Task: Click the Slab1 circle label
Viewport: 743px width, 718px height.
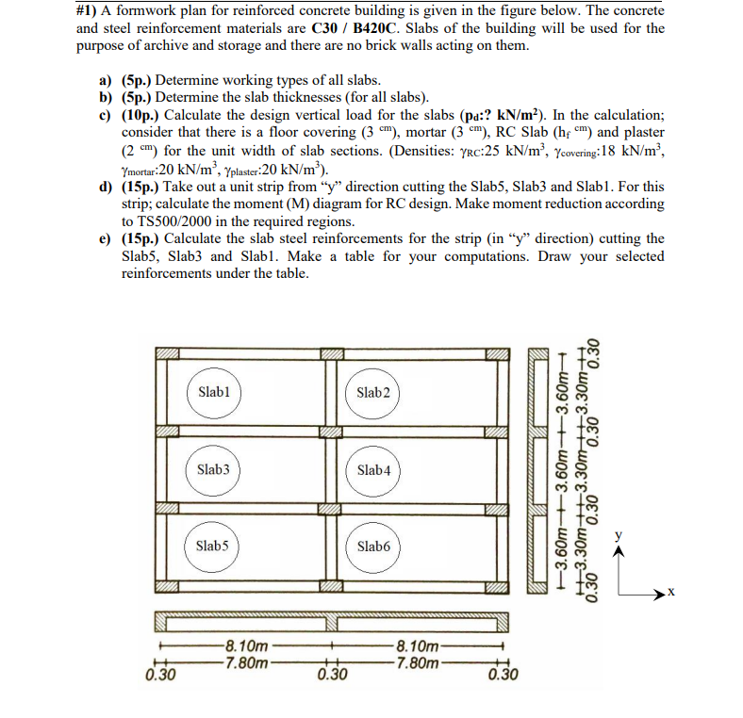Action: coord(215,391)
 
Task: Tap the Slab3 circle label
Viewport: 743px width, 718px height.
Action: coord(215,468)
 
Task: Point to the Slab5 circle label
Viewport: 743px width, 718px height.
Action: coord(213,545)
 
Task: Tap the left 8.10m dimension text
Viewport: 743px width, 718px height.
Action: coord(247,646)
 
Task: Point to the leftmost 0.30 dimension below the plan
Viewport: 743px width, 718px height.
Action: coord(161,675)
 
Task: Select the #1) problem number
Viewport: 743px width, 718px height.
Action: coord(88,11)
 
